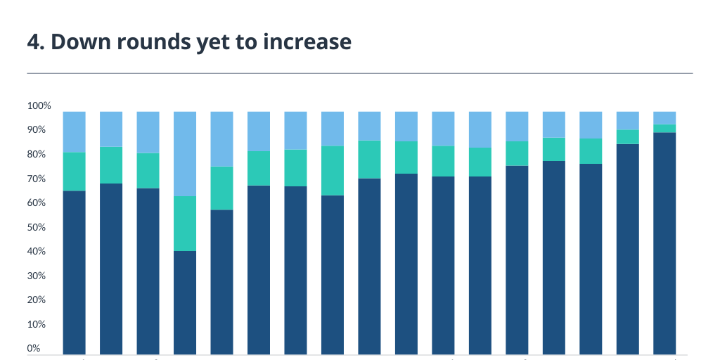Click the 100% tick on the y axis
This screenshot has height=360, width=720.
point(39,106)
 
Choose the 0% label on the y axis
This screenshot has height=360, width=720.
point(34,348)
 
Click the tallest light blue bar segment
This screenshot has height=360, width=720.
point(185,153)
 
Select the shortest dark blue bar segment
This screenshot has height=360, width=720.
point(185,302)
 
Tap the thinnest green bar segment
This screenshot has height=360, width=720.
point(664,129)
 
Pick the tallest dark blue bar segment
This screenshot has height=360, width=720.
point(664,243)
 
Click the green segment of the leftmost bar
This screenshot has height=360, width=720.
point(75,172)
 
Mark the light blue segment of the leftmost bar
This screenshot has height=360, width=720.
point(75,131)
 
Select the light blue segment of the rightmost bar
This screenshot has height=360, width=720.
point(664,117)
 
